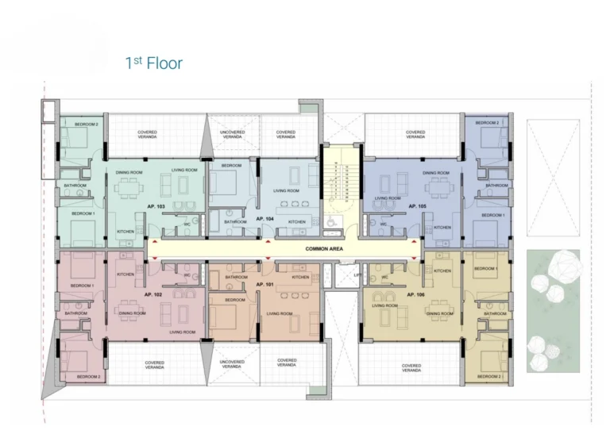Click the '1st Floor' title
pyautogui.click(x=153, y=63)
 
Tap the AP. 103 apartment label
pyautogui.click(x=156, y=206)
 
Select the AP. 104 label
pyautogui.click(x=264, y=217)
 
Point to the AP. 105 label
pyautogui.click(x=417, y=205)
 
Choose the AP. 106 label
pyautogui.click(x=415, y=294)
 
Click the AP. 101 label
pyautogui.click(x=264, y=282)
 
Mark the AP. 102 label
pyautogui.click(x=153, y=294)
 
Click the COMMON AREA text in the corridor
pyautogui.click(x=324, y=249)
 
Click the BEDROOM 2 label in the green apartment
pyautogui.click(x=86, y=125)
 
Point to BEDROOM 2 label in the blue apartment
pyautogui.click(x=487, y=123)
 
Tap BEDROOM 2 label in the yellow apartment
pyautogui.click(x=488, y=376)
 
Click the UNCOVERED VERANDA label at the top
pyautogui.click(x=232, y=134)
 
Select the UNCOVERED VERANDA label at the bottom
pyautogui.click(x=232, y=364)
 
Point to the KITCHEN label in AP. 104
pyautogui.click(x=296, y=222)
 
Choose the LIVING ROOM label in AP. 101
pyautogui.click(x=279, y=313)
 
